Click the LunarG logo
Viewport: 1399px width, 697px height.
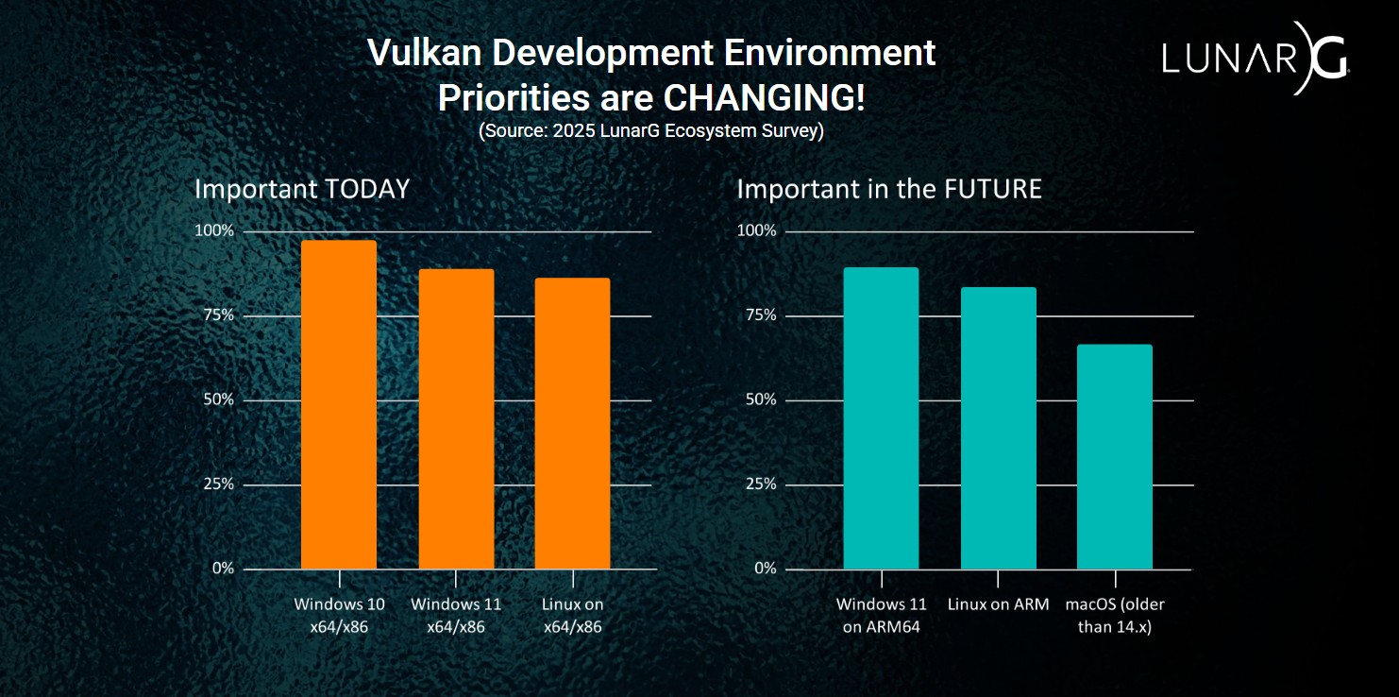tap(1255, 59)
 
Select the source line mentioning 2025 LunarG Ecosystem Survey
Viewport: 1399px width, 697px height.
tap(650, 130)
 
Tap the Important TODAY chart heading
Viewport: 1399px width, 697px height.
tap(302, 189)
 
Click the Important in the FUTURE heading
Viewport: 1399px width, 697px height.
tap(889, 189)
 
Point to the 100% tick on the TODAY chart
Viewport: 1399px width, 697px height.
tap(213, 230)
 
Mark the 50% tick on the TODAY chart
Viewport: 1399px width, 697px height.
tap(217, 399)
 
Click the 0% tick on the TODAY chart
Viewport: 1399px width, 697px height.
tap(223, 568)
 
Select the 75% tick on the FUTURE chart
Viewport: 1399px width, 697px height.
tap(759, 314)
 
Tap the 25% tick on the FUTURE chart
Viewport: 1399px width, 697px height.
tap(759, 484)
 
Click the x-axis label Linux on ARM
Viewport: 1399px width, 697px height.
tap(998, 604)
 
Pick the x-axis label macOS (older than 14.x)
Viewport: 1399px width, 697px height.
tap(1115, 615)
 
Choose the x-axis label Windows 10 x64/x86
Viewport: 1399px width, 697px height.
tap(339, 615)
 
